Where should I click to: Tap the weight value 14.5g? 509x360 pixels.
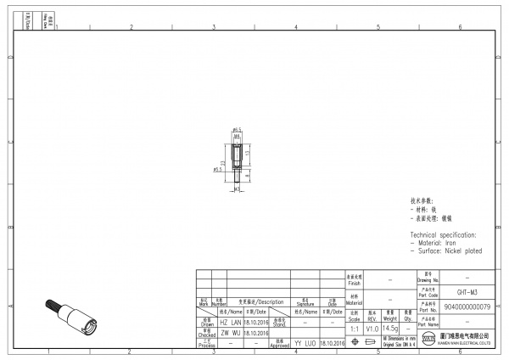(390, 328)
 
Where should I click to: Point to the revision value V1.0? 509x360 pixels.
(372, 328)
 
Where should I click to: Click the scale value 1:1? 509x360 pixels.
(355, 328)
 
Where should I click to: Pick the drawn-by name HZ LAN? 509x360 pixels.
(231, 323)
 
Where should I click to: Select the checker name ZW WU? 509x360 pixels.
(231, 333)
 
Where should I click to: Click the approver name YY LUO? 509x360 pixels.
(305, 343)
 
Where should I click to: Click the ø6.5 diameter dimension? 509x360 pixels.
(238, 130)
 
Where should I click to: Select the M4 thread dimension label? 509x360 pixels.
(238, 136)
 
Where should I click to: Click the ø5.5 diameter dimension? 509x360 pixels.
(218, 169)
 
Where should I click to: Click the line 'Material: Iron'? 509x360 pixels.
(434, 243)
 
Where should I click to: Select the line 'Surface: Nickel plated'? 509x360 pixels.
(446, 250)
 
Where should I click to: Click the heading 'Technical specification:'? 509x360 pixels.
(444, 234)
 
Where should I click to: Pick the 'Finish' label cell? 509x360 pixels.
(355, 278)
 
